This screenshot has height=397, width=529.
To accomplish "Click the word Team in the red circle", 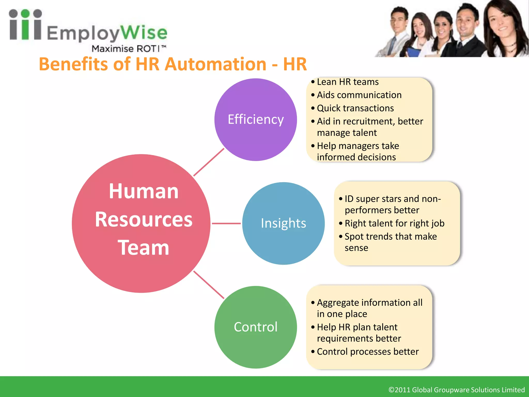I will pyautogui.click(x=143, y=248).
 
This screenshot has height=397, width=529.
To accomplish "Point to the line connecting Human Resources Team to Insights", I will pyautogui.click(x=226, y=223).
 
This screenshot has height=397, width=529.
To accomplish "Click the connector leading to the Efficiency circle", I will pyautogui.click(x=209, y=162).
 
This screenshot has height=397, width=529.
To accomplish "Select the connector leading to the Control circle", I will pyautogui.click(x=209, y=285).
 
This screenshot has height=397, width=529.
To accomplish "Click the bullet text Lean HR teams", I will pyautogui.click(x=347, y=82).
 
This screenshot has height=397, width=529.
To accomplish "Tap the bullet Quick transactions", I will pyautogui.click(x=355, y=108).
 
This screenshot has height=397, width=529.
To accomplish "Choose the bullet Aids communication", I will pyautogui.click(x=359, y=95).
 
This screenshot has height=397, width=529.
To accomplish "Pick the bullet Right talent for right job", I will pyautogui.click(x=394, y=223).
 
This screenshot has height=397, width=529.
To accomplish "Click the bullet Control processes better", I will pyautogui.click(x=368, y=352).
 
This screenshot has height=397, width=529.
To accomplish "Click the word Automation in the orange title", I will pyautogui.click(x=215, y=64).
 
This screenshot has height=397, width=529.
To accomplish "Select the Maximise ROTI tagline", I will pyautogui.click(x=129, y=49).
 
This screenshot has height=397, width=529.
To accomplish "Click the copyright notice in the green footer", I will pyautogui.click(x=456, y=390).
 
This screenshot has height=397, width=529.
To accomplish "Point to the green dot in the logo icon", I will pyautogui.click(x=25, y=13).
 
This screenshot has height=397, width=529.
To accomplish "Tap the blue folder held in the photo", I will pyautogui.click(x=413, y=52).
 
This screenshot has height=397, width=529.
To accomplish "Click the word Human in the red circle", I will pyautogui.click(x=144, y=191).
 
